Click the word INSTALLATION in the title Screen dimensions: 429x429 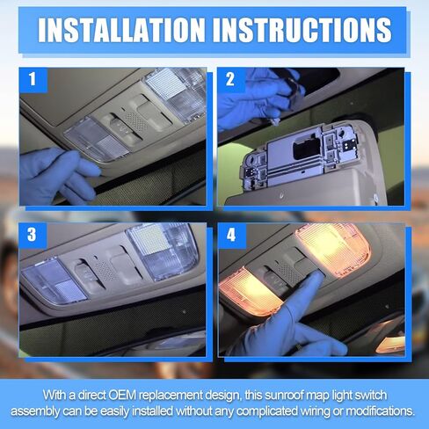121,30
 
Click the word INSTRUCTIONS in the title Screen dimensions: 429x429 302,30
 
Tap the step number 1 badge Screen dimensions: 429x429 33,79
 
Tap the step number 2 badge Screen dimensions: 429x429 230,79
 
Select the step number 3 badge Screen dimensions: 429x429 33,235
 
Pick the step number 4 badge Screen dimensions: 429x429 231,235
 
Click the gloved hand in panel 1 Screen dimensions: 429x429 59,175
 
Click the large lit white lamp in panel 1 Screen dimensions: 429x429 176,94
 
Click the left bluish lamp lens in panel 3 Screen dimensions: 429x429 54,280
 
